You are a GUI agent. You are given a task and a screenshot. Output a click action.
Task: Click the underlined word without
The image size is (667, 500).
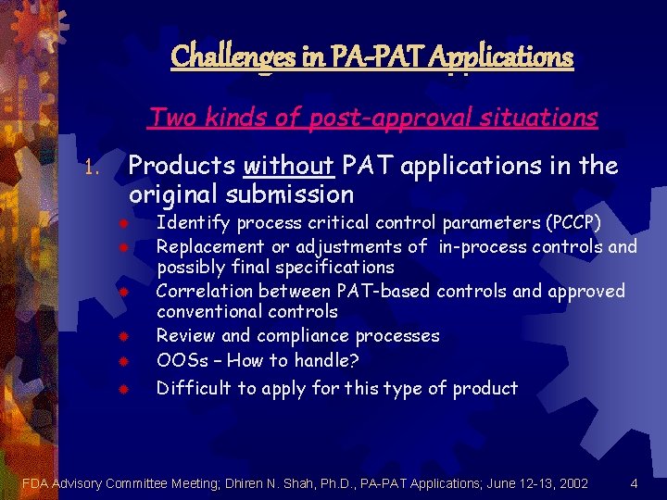click(288, 166)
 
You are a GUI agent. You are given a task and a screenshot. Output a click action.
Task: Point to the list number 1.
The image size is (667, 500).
click(90, 169)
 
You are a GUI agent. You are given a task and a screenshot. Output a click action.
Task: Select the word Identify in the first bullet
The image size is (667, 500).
click(194, 223)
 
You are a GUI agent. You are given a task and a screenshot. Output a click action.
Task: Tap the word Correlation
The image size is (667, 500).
click(206, 291)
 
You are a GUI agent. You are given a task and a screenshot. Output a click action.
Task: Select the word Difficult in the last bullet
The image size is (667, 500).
click(194, 388)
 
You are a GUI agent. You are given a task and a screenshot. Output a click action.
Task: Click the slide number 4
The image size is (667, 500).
click(634, 482)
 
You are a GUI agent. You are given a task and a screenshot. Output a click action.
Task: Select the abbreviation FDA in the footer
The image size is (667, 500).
click(35, 482)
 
